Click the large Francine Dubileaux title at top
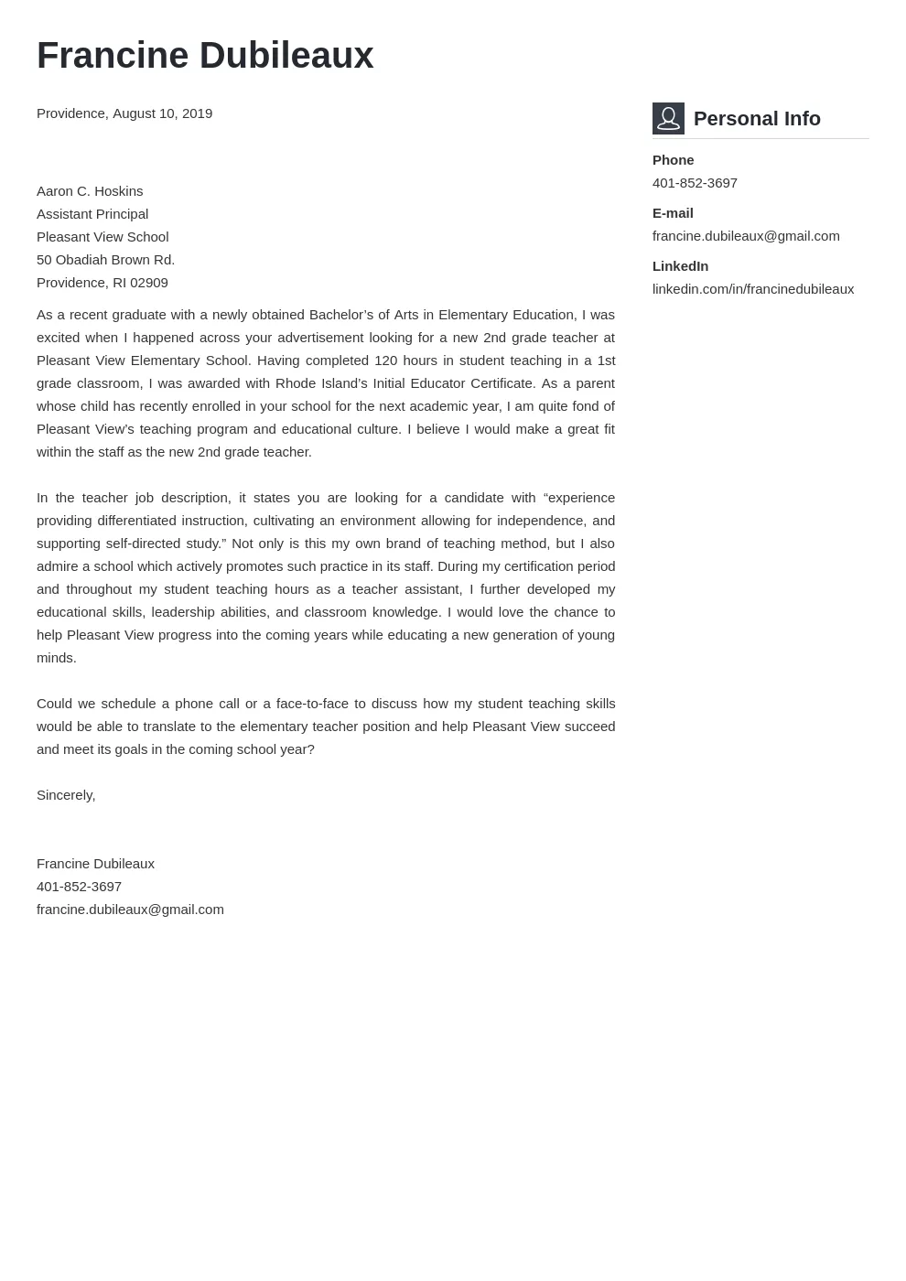[x=205, y=56]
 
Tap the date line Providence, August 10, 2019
[x=124, y=113]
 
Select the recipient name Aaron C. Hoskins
[x=90, y=191]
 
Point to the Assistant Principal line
[x=92, y=214]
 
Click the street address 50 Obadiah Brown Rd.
[x=105, y=260]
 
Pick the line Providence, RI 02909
[x=102, y=283]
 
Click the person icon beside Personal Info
[x=668, y=119]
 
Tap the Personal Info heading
[x=757, y=119]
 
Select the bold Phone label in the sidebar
[x=673, y=160]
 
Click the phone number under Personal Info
[x=695, y=183]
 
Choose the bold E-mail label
[x=673, y=213]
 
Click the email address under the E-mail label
[x=746, y=236]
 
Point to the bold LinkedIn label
[x=680, y=266]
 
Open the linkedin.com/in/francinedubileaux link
[x=753, y=289]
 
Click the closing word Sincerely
[x=66, y=795]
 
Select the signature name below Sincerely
[x=95, y=864]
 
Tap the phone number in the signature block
[x=79, y=887]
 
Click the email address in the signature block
[x=130, y=910]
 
